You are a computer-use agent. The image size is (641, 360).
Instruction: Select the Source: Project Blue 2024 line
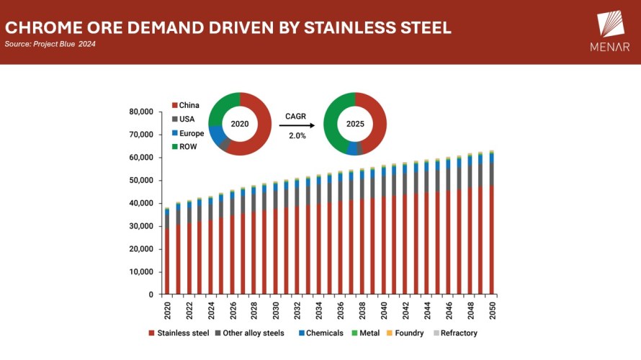[x=50, y=44]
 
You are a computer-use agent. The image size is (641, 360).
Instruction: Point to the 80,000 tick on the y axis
[x=141, y=112]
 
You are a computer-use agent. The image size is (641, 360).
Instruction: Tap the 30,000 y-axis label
[x=141, y=226]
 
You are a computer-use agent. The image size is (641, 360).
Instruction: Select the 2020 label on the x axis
[x=167, y=310]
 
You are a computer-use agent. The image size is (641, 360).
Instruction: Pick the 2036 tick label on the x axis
[x=341, y=310]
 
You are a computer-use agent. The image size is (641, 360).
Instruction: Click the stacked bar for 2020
[x=167, y=252]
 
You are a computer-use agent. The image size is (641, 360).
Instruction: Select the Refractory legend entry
[x=454, y=333]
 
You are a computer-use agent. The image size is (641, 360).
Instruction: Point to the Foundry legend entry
[x=408, y=333]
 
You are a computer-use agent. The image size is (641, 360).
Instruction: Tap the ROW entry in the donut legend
[x=185, y=147]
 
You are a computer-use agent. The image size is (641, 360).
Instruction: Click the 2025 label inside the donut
[x=354, y=124]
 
